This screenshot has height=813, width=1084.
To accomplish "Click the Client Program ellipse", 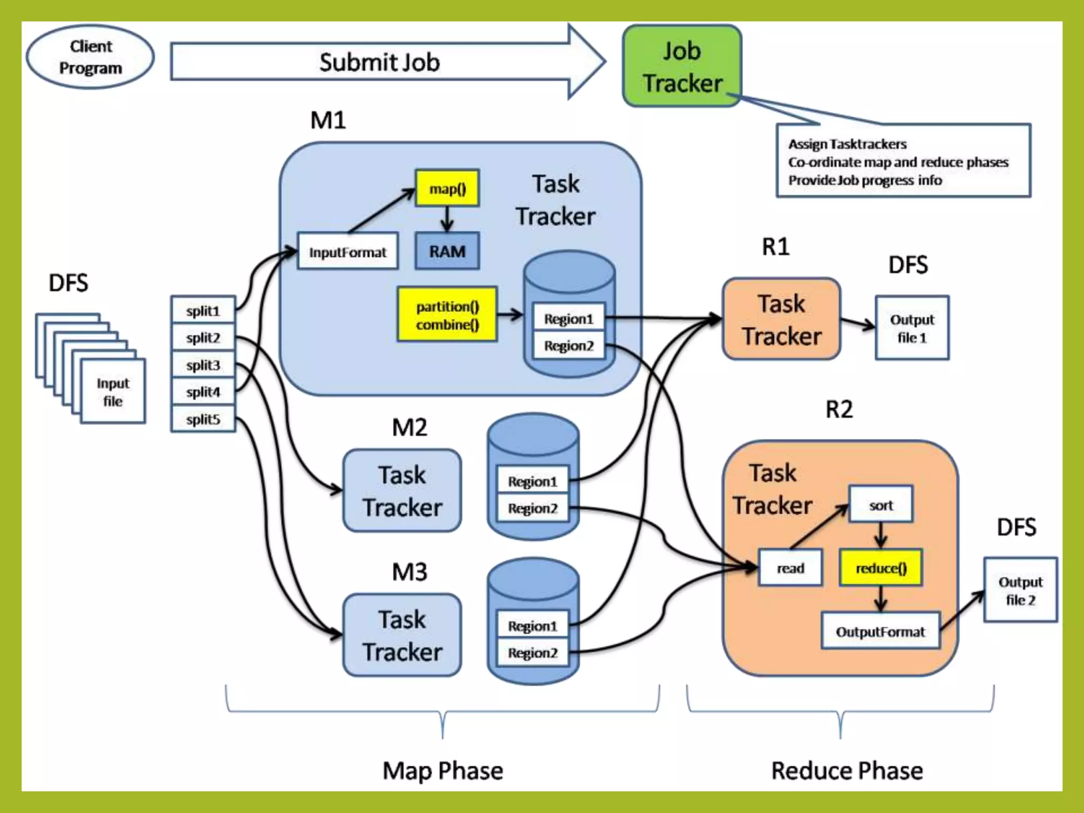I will pos(91,57).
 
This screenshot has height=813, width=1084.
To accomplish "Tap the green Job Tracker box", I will pos(682,66).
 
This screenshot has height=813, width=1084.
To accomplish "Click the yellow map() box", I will pos(447,188).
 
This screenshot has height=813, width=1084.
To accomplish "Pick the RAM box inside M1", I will pos(447,251).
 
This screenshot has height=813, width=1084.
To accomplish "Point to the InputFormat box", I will pos(348,252).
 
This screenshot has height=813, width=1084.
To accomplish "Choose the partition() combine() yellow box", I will pos(447,315).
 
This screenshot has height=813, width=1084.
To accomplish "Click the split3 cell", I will pos(203,365).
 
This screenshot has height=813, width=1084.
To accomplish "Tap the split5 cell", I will pos(203,419).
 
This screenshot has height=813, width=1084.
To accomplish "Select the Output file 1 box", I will pos(912,328).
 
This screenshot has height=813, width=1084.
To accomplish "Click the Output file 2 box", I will pos(1020,590).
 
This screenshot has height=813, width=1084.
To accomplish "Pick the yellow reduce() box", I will pos(881,568).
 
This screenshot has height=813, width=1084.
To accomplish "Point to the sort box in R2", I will pos(881,505).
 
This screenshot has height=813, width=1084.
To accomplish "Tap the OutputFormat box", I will pos(880,631).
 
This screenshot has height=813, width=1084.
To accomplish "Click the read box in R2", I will pos(790,568).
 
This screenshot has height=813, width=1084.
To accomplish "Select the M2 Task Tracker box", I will pos(402,491).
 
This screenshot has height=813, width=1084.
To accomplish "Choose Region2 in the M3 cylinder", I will pos(532,653).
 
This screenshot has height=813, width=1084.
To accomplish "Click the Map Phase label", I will pos(442,770).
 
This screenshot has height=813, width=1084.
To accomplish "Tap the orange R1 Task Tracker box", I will pos(781,320).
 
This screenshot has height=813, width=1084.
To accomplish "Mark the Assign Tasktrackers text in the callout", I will pos(847,144).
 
